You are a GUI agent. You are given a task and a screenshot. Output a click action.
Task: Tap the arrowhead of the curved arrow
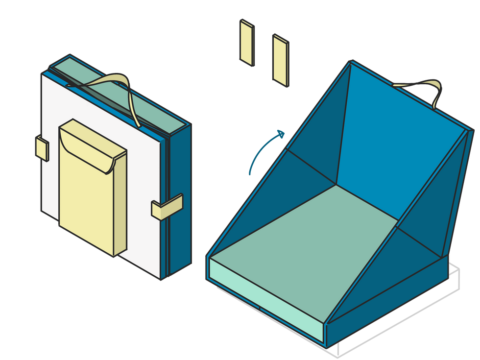[x=281, y=133]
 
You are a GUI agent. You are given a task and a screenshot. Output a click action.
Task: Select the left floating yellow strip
[x=246, y=42]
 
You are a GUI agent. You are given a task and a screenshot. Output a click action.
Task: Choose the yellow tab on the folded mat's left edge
[x=42, y=148]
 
